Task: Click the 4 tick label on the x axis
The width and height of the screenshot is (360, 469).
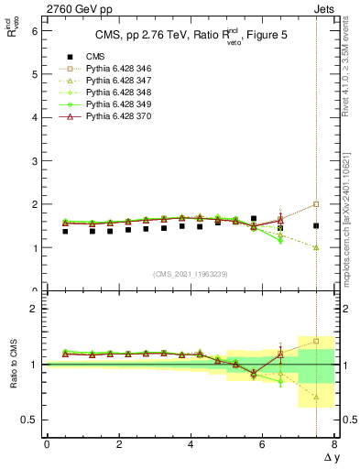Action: coord(191,445)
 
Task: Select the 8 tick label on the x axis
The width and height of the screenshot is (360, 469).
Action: coord(334,445)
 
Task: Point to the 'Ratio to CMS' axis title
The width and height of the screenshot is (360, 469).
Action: coord(14,377)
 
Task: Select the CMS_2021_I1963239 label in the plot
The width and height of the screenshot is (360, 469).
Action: coord(191,274)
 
